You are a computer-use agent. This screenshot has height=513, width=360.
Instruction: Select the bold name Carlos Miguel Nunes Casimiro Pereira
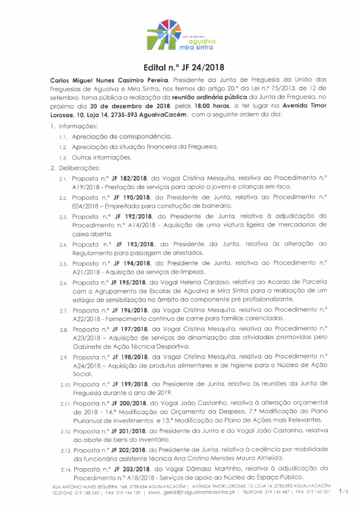click(x=109, y=80)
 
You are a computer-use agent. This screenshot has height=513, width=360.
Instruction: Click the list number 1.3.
click(x=63, y=157)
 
